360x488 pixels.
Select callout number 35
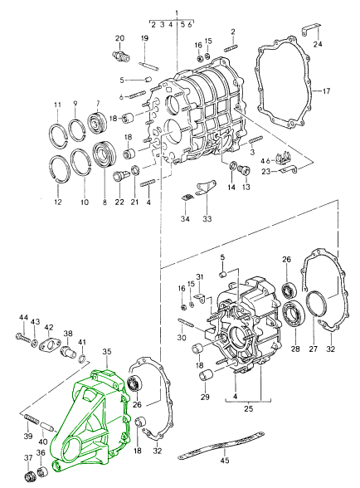click(x=107, y=352)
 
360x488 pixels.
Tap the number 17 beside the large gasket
click(x=326, y=91)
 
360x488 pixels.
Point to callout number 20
click(x=119, y=38)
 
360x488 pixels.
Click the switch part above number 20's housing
click(x=119, y=56)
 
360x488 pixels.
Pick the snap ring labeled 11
click(x=58, y=135)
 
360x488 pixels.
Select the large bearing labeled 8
click(x=105, y=154)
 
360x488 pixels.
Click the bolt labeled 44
click(x=23, y=337)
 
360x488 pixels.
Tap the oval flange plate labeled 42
click(x=49, y=345)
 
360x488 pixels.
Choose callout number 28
click(x=295, y=349)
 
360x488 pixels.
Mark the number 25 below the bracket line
click(x=249, y=408)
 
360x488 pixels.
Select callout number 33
click(x=207, y=219)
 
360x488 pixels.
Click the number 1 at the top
click(x=177, y=13)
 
